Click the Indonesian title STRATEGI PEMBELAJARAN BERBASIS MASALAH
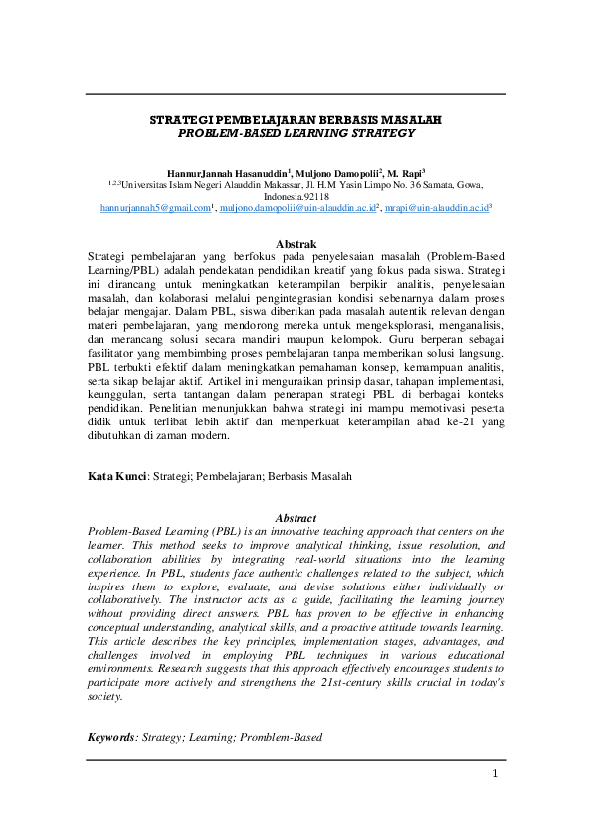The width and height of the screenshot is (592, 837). [x=296, y=119]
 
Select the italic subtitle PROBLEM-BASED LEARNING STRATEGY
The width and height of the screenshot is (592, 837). [x=296, y=131]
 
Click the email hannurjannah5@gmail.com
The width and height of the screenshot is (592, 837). [x=155, y=208]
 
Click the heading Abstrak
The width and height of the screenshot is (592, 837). [x=296, y=244]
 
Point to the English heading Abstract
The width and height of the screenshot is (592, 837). [x=296, y=518]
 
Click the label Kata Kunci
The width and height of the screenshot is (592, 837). [x=117, y=477]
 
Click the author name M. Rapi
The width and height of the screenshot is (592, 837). [x=404, y=172]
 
